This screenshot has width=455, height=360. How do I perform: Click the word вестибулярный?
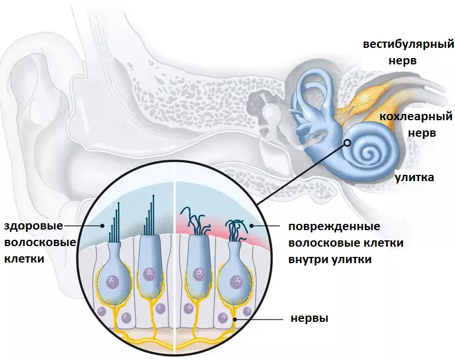tap(410, 44)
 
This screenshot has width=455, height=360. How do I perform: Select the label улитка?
tap(415, 178)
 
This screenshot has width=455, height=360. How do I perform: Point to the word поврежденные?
tap(334, 227)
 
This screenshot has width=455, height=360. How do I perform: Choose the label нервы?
tap(309, 318)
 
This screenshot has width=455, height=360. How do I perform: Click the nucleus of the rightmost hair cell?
tap(236, 281)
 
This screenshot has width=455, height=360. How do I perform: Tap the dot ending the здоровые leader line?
tap(103, 226)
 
